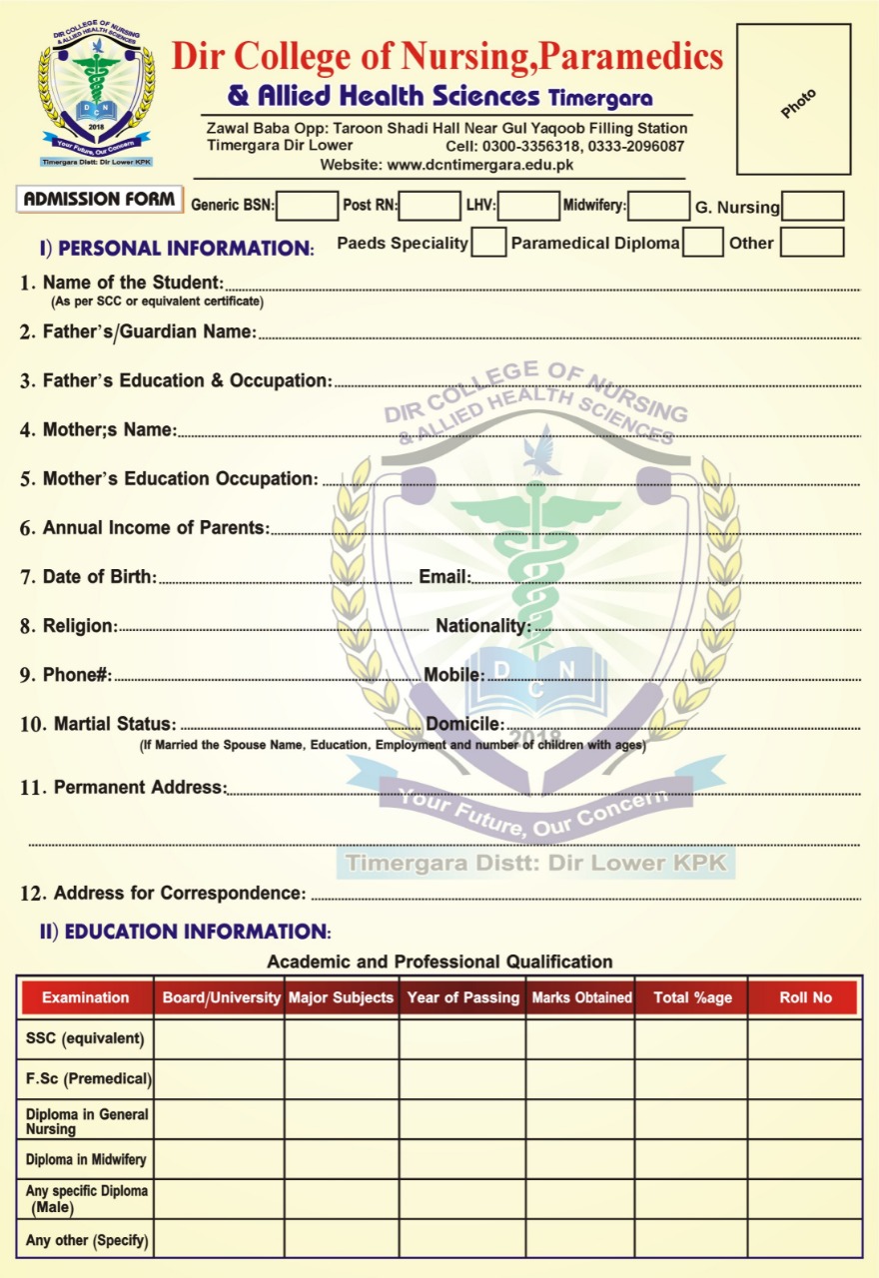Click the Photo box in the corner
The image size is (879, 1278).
tap(793, 100)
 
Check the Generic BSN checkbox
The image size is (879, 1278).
tap(307, 207)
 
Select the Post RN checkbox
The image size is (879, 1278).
tap(429, 207)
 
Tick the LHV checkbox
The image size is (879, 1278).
tap(528, 207)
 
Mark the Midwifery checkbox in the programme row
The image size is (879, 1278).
tap(658, 207)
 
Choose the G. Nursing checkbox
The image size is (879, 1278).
tap(812, 207)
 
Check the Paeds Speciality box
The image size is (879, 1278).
tap(488, 243)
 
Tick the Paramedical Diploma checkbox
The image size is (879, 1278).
tap(703, 243)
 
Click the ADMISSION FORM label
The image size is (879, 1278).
tap(100, 200)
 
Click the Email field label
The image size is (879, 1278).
tap(443, 576)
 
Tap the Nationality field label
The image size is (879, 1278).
tap(482, 626)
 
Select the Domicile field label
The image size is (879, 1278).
tap(463, 724)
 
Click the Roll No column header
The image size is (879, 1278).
tap(804, 997)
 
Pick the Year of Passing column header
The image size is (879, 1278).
tap(462, 997)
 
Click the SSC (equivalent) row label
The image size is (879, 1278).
tap(85, 1038)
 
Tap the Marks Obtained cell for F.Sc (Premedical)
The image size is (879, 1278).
tap(579, 1078)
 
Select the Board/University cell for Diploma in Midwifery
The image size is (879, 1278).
tap(219, 1159)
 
